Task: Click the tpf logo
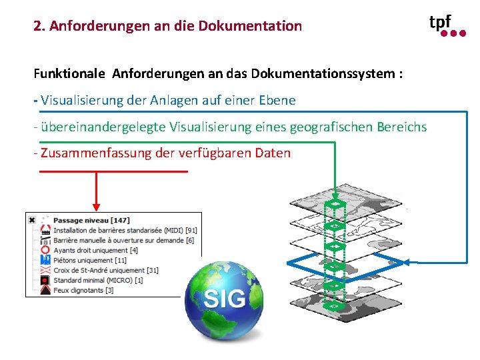pyautogui.click(x=447, y=25)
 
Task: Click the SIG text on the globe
pyautogui.click(x=225, y=298)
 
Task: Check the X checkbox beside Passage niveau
pyautogui.click(x=31, y=220)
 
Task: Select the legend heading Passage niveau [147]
pyautogui.click(x=91, y=220)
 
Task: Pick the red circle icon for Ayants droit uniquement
pyautogui.click(x=45, y=251)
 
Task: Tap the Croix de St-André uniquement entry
pyautogui.click(x=106, y=270)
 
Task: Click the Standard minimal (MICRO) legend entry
pyautogui.click(x=98, y=280)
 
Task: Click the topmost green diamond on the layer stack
pyautogui.click(x=335, y=204)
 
